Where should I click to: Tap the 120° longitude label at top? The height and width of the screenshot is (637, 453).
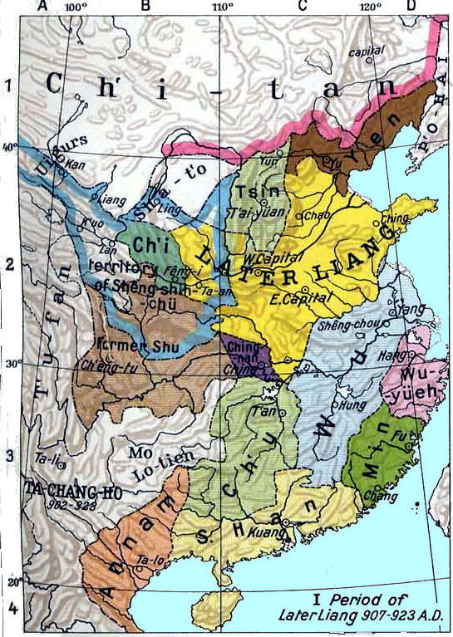pyautogui.click(x=369, y=7)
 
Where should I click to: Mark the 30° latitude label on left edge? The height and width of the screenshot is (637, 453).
pyautogui.click(x=12, y=363)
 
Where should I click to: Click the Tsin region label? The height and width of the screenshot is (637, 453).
pyautogui.click(x=253, y=192)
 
